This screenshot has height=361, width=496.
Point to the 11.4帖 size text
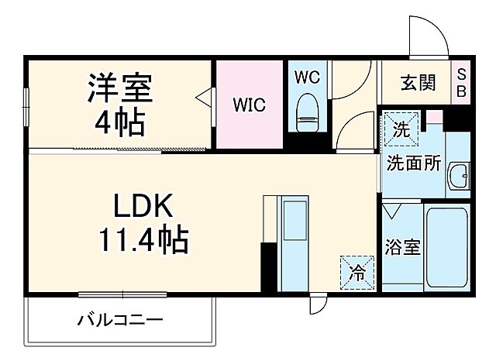click(x=142, y=242)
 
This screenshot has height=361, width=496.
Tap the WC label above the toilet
click(x=308, y=77)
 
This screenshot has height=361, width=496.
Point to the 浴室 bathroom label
click(x=402, y=248)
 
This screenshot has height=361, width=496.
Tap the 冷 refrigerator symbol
click(x=356, y=272)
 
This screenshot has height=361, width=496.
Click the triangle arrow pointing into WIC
click(x=205, y=98)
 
